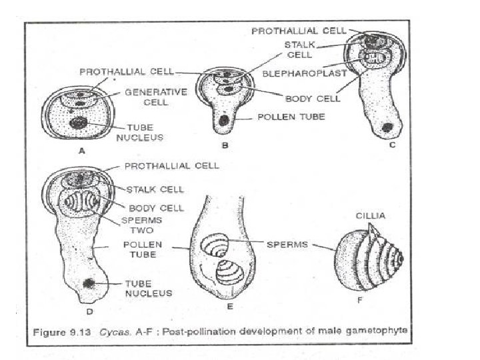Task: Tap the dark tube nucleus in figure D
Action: coord(88,283)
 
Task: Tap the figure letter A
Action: coord(83,151)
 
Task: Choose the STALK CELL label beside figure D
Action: coord(156,189)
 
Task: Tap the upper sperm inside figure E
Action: coord(217,245)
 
